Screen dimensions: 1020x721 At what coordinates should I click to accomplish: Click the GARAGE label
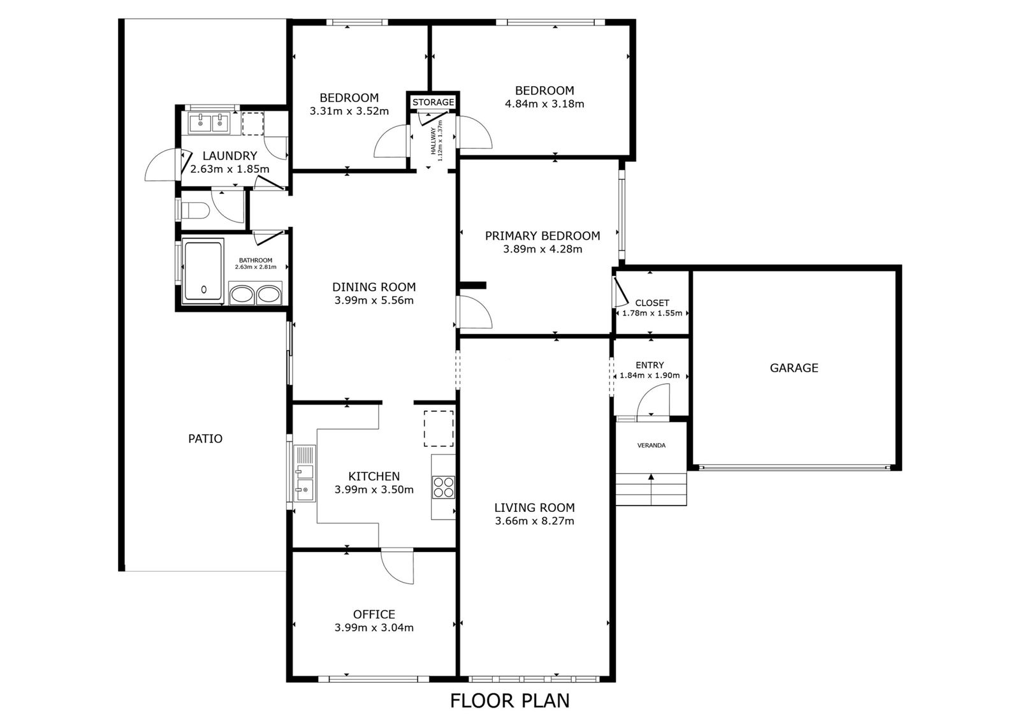click(x=794, y=368)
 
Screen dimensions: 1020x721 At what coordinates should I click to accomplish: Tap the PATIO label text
click(x=205, y=439)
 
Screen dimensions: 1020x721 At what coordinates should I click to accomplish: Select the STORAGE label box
click(x=433, y=102)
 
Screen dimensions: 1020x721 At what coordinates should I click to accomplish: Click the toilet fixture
click(x=195, y=211)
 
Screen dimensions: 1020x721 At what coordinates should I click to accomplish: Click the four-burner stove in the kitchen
click(x=443, y=487)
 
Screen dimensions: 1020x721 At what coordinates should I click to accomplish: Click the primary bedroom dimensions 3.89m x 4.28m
click(x=543, y=249)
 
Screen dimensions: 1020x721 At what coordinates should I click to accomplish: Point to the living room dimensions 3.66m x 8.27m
click(x=535, y=521)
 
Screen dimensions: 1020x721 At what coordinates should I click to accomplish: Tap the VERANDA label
click(x=651, y=446)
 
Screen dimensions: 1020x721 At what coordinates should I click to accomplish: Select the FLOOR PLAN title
click(x=510, y=701)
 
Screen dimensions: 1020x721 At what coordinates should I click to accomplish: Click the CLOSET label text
click(x=652, y=303)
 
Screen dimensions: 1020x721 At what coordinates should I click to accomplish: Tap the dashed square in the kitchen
click(x=439, y=428)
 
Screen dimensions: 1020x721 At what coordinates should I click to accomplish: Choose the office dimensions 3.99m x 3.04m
click(x=374, y=628)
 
